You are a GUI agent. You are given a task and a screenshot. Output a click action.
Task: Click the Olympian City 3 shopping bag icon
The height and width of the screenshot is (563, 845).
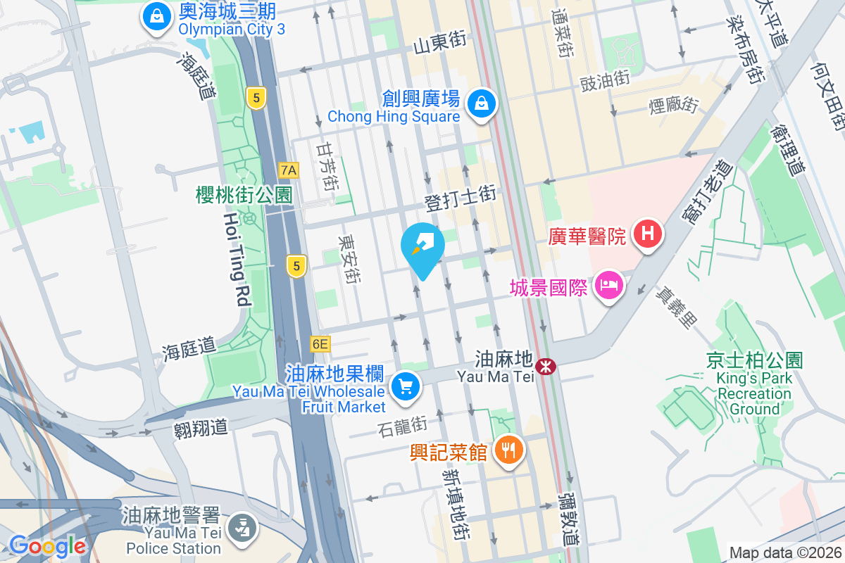pos(156,15)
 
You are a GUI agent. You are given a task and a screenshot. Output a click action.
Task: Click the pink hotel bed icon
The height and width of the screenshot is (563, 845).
pos(608,286)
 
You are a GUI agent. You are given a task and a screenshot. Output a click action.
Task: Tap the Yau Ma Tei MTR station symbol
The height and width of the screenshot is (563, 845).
pos(545,366)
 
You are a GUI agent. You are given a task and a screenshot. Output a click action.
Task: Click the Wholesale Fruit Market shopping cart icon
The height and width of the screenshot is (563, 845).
pos(405,386)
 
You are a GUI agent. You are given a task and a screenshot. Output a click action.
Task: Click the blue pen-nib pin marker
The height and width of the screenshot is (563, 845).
pos(423,246)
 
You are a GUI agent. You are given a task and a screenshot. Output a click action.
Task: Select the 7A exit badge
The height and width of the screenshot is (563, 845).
pos(289,170)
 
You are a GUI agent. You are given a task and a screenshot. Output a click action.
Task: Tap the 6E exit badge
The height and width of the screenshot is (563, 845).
pos(320,344)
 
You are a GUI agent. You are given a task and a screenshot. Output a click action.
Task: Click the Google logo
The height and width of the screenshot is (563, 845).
pos(47,545)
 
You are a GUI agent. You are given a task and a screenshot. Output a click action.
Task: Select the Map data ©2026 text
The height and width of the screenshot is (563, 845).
pos(784,552)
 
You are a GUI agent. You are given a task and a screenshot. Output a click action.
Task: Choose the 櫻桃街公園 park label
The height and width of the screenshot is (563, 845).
pos(244,195)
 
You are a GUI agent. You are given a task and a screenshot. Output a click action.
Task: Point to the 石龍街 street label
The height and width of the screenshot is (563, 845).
pos(403,425)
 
